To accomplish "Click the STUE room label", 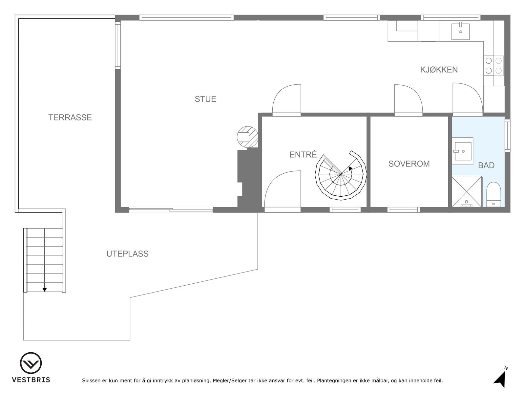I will coord(205,99).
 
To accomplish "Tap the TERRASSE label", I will coord(70,118).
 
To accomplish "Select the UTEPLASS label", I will coord(127,254).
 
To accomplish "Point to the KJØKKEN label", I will coord(439,70).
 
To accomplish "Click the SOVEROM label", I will coord(409,164).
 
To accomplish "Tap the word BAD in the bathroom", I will coord(486,165).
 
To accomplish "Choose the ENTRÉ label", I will coord(303,155).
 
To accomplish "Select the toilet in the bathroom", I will coord(493,194).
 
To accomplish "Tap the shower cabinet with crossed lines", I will coord(467,192).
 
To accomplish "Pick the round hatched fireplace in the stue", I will coord(247,136).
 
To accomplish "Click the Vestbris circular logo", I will coord(31,363).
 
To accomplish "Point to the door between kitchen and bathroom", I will coord(467,98).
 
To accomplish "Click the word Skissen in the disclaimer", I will coord(92,381).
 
